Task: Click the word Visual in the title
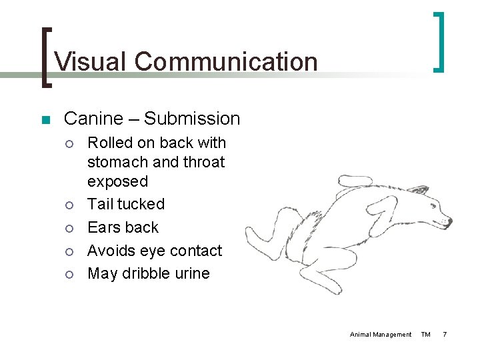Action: pos(91,61)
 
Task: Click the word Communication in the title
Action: pos(225,61)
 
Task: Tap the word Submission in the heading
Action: pos(192,119)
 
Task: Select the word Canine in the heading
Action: pos(93,119)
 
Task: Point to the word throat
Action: pos(201,162)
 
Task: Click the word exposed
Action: pos(117,181)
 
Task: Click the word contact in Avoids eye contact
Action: pos(197,251)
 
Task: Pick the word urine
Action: pos(189,273)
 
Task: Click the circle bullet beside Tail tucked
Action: pos(70,205)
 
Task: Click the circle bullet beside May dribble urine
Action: pos(70,274)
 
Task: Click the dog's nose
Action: pos(449,221)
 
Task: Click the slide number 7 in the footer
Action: pos(445,334)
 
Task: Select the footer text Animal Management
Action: pos(381,334)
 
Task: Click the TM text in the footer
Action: pos(426,334)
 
